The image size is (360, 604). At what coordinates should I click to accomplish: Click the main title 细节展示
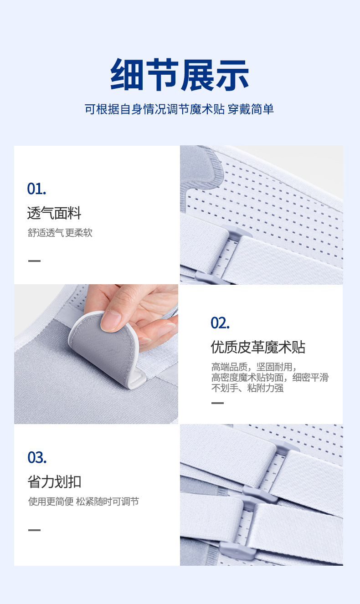pos(180,75)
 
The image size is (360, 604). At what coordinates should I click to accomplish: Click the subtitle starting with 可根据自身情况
pos(179,109)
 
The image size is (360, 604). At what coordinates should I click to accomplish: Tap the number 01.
pos(36,189)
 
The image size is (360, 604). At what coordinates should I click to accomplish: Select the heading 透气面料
pos(54,213)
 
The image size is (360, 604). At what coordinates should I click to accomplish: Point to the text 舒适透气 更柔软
pos(60,233)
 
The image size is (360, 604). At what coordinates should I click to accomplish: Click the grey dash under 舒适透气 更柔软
pos(34,261)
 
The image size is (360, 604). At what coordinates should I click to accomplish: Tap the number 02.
pos(220,323)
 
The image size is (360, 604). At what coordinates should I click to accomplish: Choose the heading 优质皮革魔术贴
pos(258,347)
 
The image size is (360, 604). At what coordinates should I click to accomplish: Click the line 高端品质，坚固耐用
pos(254,367)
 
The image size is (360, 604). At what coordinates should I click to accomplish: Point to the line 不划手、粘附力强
pos(247,389)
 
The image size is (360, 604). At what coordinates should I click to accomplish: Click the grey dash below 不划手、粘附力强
pos(217,403)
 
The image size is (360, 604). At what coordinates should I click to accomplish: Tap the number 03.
pos(37,457)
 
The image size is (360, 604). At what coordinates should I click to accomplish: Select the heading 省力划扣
pos(54,481)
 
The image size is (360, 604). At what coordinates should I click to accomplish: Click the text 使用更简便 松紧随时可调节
pos(83,502)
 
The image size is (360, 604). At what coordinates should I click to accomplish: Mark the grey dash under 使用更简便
pos(34,530)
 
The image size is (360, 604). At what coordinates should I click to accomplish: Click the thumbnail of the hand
pos(96,354)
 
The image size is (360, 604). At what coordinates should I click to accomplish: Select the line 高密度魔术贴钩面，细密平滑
pos(269,378)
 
